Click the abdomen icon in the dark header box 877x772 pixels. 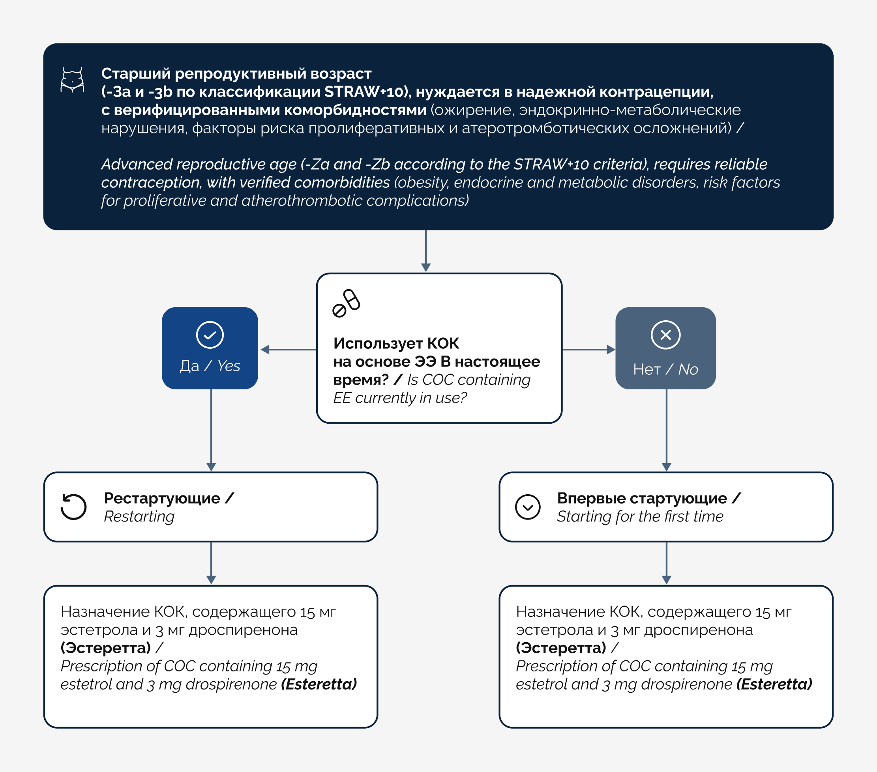(72, 80)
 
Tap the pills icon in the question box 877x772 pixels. (346, 303)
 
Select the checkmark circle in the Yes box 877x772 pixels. (210, 335)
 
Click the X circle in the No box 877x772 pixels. (665, 335)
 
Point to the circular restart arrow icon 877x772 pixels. (73, 507)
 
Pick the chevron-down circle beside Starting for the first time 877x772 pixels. (528, 507)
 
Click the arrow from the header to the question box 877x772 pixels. (425, 251)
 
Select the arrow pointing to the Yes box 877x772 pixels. (289, 350)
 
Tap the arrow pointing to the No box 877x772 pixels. (588, 350)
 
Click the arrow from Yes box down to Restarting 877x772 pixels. (211, 430)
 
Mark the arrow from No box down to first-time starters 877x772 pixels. (666, 430)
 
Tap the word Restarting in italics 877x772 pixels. (139, 517)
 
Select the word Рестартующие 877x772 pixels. (162, 498)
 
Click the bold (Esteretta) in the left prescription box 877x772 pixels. (319, 684)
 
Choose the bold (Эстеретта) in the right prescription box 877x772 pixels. (561, 648)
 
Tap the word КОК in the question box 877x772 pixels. (443, 344)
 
